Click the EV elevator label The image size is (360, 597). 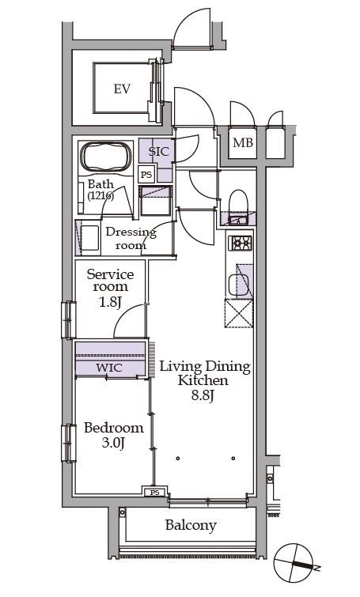coord(122,89)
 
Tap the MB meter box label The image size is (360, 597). coord(243,143)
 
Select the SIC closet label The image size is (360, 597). coord(158,152)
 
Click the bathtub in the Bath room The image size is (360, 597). coord(106,157)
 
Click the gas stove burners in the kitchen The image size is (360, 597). coord(240,243)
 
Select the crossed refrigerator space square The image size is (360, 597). coord(239,313)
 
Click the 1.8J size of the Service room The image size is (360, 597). coord(110,303)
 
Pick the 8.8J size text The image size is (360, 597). coord(203,395)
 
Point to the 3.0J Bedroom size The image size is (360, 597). coord(113,443)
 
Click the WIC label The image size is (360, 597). coord(109,368)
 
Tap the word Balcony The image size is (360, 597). coord(191,526)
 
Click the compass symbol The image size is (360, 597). coord(294,563)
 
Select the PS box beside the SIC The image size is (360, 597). coord(146,175)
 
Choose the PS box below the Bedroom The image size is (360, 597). coord(154,493)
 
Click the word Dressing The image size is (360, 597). coord(131,232)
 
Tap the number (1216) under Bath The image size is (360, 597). coord(100,196)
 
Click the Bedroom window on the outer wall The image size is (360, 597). coord(69,443)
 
